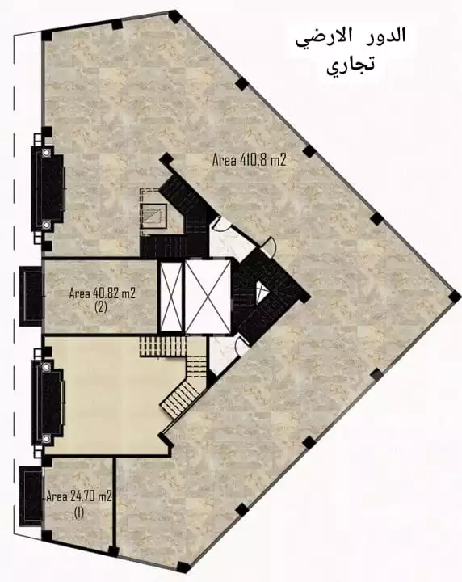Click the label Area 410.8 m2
[x=250, y=160]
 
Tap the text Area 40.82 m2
[x=101, y=293]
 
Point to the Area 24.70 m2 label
[x=78, y=496]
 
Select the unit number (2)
[x=100, y=308]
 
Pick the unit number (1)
[x=78, y=512]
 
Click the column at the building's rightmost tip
[x=454, y=296]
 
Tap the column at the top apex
[x=174, y=15]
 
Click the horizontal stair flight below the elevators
[x=163, y=346]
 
